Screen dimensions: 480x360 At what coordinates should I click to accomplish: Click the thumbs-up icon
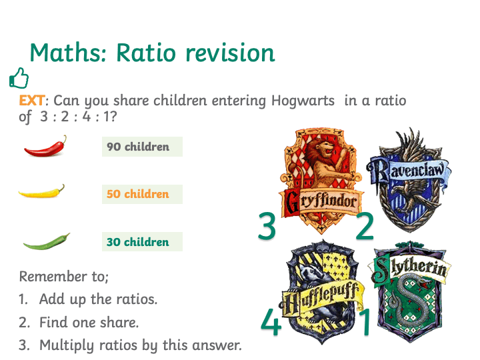(19, 78)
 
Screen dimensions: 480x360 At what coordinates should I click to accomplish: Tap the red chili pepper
(45, 147)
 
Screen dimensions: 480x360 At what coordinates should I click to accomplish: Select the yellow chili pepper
(41, 193)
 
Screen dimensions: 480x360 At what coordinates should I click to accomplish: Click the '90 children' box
(143, 147)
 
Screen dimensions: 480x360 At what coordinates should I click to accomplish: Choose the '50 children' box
(143, 194)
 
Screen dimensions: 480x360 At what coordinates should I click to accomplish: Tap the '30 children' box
(143, 242)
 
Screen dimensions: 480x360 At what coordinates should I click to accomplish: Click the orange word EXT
(32, 101)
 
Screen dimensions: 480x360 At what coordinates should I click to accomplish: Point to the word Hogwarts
(303, 101)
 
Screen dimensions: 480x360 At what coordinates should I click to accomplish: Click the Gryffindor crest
(321, 181)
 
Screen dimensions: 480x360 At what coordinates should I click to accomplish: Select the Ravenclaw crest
(409, 180)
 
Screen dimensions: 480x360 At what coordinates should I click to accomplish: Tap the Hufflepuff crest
(322, 293)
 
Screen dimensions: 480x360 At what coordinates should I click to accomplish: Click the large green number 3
(267, 226)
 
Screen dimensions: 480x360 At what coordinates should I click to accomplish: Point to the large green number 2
(365, 226)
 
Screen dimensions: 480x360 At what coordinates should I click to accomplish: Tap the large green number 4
(271, 321)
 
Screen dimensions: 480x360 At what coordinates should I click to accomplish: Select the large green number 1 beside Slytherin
(365, 321)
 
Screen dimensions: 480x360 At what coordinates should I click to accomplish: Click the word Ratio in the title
(146, 53)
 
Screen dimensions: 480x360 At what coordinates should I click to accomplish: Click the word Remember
(53, 277)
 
